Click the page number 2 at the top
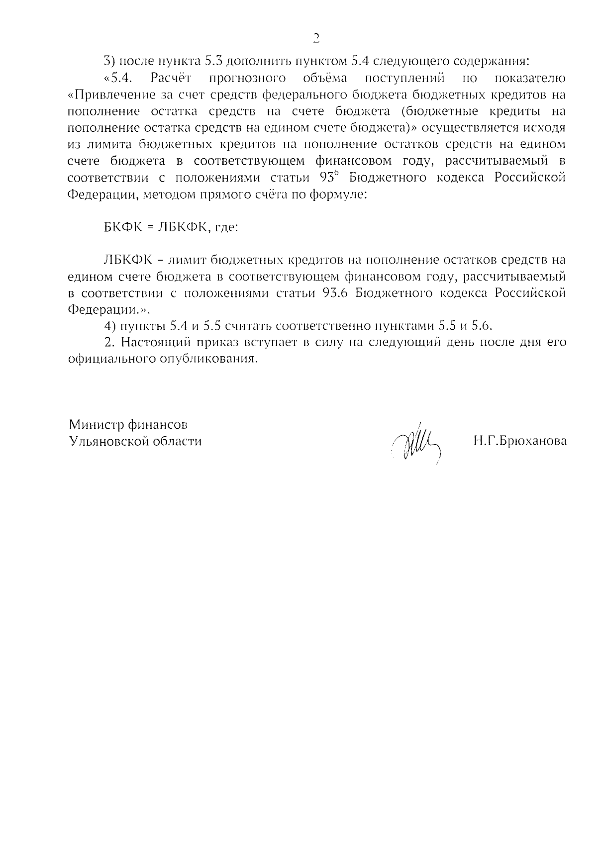(315, 38)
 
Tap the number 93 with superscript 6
(329, 178)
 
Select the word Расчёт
(171, 78)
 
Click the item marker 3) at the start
(109, 62)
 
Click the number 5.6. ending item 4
(482, 326)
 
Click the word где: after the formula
(226, 227)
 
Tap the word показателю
(531, 78)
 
